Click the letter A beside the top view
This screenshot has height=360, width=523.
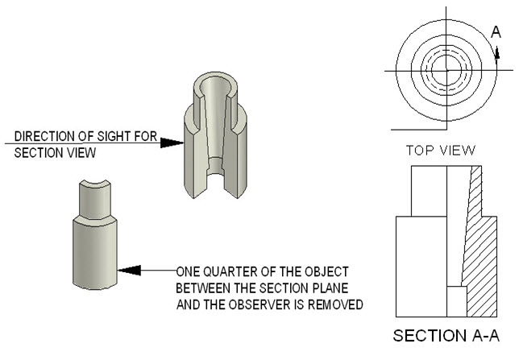[496, 32]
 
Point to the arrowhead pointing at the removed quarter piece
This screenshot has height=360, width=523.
[129, 270]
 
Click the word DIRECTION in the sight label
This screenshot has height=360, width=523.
[42, 135]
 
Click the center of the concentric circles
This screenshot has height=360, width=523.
[442, 71]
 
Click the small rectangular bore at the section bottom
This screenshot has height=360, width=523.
[457, 300]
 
